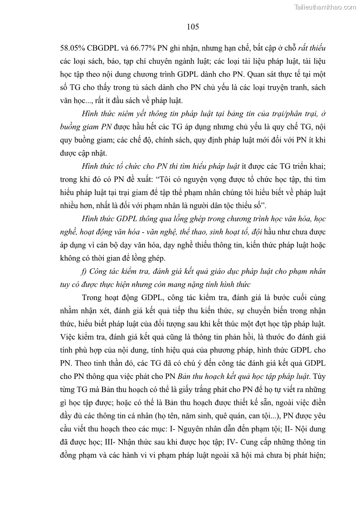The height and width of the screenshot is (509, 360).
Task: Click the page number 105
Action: [x=193, y=27]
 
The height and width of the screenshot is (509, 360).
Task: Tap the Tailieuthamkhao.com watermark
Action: [x=326, y=7]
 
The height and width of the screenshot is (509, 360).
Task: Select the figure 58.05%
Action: [x=73, y=48]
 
